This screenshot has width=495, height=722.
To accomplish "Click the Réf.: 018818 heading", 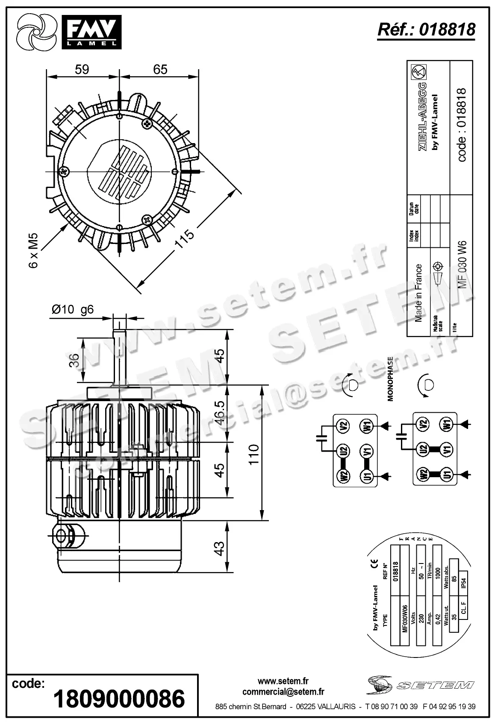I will click(x=426, y=29).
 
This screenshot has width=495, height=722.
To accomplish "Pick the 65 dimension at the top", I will click(x=160, y=69).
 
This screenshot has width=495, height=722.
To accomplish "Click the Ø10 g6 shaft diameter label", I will click(x=73, y=310).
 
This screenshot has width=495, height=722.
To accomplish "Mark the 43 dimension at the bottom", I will click(x=218, y=549).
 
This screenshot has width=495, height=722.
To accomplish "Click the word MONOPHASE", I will click(x=390, y=379).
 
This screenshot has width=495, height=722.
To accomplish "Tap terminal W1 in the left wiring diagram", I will click(x=367, y=426).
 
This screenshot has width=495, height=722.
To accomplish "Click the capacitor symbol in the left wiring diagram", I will click(x=321, y=438).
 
